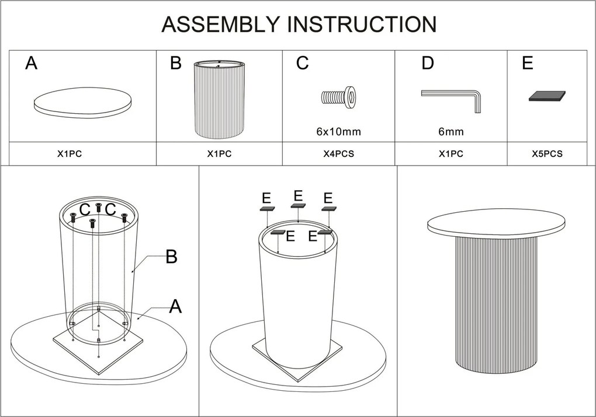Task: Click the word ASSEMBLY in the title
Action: point(220,24)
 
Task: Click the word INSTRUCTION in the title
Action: point(362,24)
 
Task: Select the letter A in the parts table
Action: point(31,63)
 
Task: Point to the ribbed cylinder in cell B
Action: point(219,100)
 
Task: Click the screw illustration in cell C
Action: point(339,97)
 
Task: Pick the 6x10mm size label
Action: point(339,132)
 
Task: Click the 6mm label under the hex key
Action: point(451,132)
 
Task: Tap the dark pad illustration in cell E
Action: point(547,96)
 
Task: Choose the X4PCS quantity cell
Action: point(339,153)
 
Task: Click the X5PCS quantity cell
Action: point(547,153)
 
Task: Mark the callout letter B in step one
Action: point(171,257)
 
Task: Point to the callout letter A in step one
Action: point(175,307)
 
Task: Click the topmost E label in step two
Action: point(299,196)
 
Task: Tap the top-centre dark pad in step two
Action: point(298,206)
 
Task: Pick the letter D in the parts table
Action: point(428,63)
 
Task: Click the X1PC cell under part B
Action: point(219,153)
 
